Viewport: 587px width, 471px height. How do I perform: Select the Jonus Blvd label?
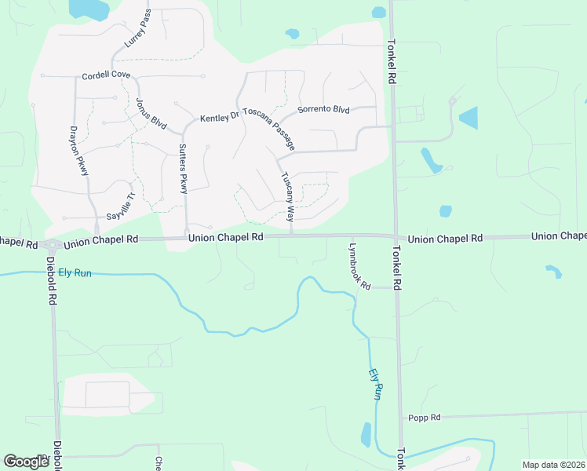click(x=151, y=114)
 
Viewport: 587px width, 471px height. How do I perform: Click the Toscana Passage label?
click(x=269, y=129)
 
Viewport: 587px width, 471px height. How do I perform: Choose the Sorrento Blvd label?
click(x=323, y=110)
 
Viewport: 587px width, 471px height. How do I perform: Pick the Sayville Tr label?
click(x=122, y=206)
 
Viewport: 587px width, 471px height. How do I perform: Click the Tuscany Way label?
click(x=287, y=196)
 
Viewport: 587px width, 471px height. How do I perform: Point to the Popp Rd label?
click(x=425, y=418)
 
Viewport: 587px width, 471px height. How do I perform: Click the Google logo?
click(x=26, y=461)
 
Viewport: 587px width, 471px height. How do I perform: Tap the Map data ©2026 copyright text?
click(x=553, y=465)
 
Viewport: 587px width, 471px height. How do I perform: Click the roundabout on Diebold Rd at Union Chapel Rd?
click(x=49, y=245)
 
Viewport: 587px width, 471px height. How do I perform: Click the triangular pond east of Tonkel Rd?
click(x=469, y=118)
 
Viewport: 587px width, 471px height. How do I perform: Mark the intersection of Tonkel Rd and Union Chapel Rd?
click(x=395, y=236)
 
